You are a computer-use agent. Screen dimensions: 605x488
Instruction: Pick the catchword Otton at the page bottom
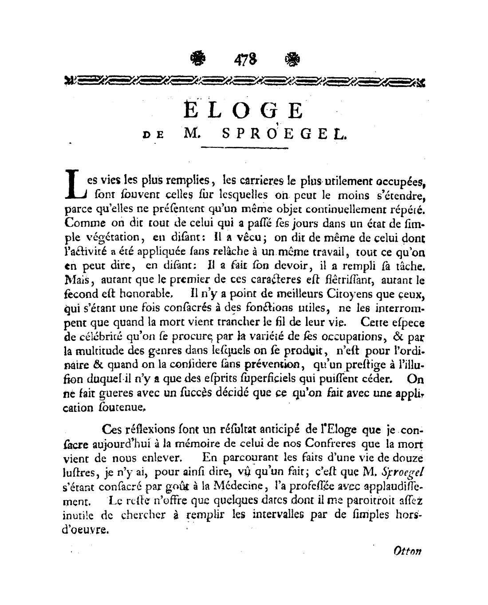tap(407, 551)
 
